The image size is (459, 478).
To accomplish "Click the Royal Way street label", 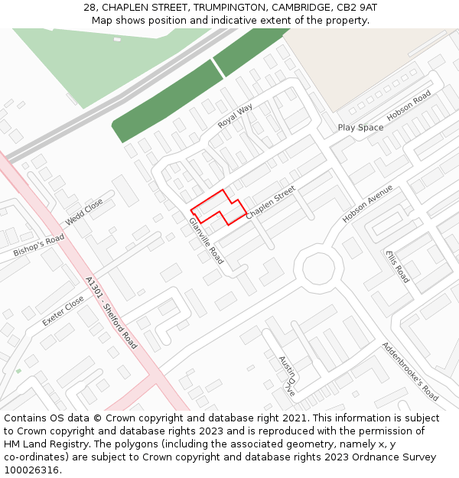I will click(x=235, y=116).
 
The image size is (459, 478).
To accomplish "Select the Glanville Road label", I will click(x=207, y=241).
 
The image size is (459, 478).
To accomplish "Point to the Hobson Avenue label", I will click(x=367, y=203).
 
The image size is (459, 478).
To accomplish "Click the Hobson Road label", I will click(x=409, y=106).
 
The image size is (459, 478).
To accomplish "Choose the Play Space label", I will click(x=360, y=128).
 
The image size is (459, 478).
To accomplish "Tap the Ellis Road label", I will click(x=398, y=267).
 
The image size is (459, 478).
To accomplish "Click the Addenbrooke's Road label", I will click(x=410, y=372).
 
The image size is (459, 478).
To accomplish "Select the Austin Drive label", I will click(x=287, y=376).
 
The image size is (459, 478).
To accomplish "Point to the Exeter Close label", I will click(x=63, y=311).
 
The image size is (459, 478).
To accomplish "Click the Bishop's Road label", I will click(x=39, y=246).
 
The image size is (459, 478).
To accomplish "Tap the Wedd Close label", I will click(x=84, y=212).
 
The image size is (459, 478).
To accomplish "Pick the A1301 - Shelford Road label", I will click(x=112, y=313).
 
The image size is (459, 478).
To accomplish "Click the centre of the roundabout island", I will click(x=319, y=268).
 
